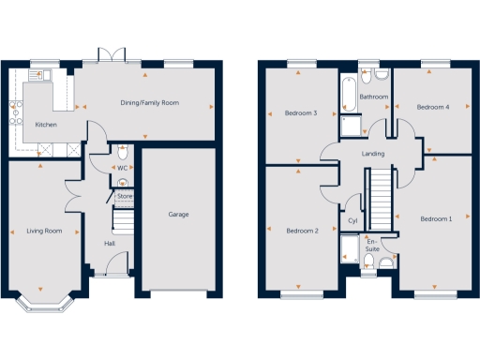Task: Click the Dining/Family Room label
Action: (149, 103)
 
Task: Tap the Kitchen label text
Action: (47, 125)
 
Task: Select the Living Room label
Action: (43, 230)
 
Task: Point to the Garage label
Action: (178, 215)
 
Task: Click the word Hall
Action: (110, 244)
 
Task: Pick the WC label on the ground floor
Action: (123, 168)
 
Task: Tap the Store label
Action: (125, 197)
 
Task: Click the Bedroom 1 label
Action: (436, 219)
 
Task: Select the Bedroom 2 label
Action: (303, 230)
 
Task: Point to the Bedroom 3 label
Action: (301, 113)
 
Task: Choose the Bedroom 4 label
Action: (433, 107)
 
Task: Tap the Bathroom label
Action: (375, 97)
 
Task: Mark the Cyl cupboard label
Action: (352, 220)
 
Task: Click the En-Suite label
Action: (372, 247)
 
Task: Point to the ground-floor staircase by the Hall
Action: (124, 221)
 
